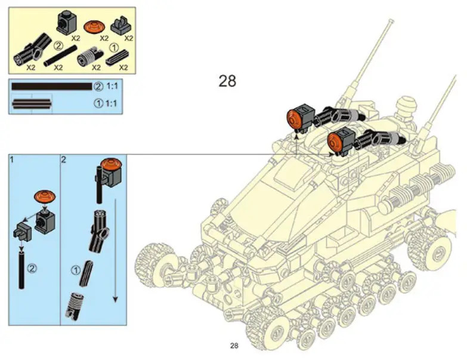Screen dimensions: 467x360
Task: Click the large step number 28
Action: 227,81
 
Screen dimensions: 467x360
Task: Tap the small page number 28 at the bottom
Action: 234,346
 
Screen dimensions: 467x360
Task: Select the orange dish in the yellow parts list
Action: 94,27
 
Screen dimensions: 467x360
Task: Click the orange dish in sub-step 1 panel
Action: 45,196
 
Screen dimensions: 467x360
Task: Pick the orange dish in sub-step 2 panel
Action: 110,165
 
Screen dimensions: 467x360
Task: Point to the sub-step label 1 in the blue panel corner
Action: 11,159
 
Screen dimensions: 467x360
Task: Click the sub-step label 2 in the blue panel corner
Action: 63,159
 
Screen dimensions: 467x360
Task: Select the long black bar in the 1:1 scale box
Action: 52,87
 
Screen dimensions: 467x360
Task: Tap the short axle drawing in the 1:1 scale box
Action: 32,104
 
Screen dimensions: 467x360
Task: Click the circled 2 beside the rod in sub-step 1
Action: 32,269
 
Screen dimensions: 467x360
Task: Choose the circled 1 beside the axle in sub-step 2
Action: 76,270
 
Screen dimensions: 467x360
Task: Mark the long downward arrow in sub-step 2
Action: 115,250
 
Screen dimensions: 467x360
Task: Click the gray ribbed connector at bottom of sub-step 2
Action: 73,306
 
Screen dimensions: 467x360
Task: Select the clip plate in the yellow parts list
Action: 121,26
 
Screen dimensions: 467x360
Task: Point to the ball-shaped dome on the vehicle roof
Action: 407,104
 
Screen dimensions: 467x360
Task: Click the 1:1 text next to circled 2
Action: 112,86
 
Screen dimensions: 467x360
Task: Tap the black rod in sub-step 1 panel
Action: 21,270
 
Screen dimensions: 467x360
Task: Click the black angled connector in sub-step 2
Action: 99,230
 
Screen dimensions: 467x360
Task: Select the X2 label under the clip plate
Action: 128,38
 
